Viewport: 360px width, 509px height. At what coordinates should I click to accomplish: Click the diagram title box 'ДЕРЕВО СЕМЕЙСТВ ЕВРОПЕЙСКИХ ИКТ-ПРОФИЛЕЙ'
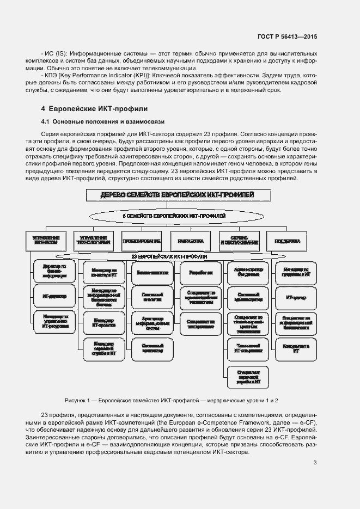tap(178, 195)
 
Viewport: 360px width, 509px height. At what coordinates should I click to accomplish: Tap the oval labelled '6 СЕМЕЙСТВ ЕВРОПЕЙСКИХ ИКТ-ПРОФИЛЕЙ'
tap(178, 216)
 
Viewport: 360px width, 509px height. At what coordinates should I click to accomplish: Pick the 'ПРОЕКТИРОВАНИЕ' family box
tap(142, 240)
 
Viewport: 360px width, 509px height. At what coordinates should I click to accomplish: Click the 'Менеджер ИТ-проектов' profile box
tap(103, 323)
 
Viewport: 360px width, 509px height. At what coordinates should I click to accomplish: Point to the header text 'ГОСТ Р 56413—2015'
tap(288, 36)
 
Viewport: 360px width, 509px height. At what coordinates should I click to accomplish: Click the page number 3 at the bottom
tap(315, 464)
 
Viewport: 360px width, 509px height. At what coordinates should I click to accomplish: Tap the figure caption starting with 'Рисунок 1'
tap(171, 400)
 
